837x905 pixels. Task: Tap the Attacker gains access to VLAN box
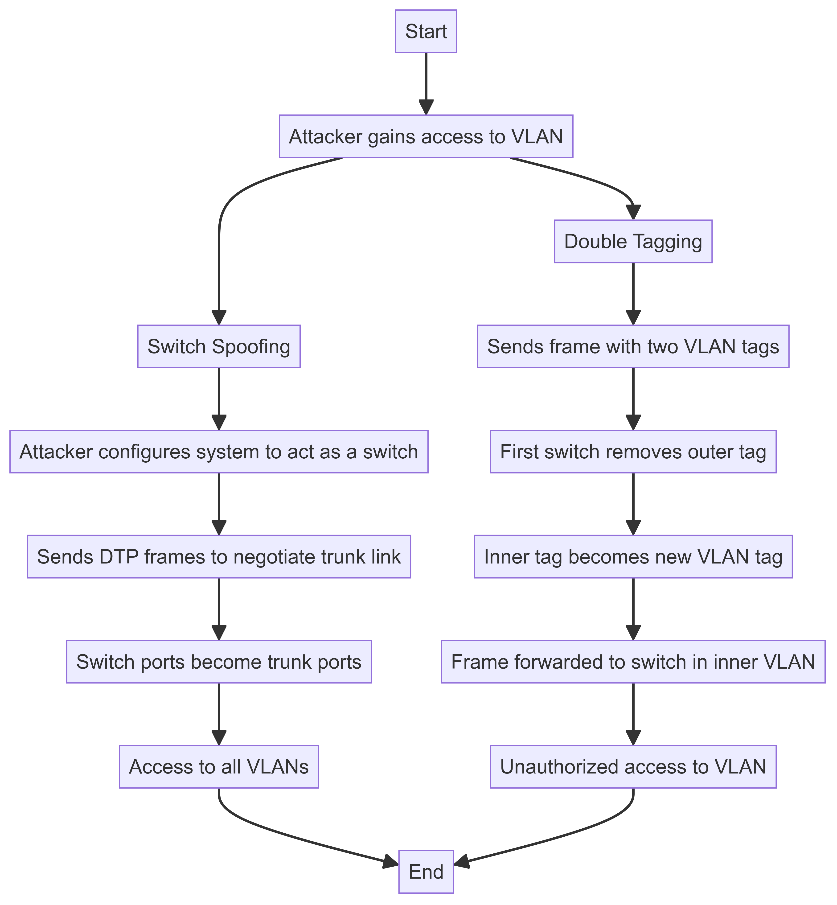[426, 136]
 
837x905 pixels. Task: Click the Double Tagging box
[633, 241]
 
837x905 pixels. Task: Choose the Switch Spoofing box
[219, 346]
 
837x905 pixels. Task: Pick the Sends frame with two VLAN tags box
[633, 346]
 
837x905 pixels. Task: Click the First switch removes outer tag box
[633, 452]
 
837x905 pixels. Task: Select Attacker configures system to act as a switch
[219, 452]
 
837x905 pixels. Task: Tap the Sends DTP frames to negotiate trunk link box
[219, 557]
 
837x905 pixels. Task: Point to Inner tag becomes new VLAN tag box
[633, 557]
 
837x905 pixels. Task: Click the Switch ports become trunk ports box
[219, 662]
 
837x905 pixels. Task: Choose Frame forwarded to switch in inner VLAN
[633, 662]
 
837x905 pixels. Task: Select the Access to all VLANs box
[219, 767]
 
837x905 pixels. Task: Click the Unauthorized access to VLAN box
[633, 767]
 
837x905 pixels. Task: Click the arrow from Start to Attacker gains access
[426, 82]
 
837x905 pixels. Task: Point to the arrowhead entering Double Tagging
[633, 213]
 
